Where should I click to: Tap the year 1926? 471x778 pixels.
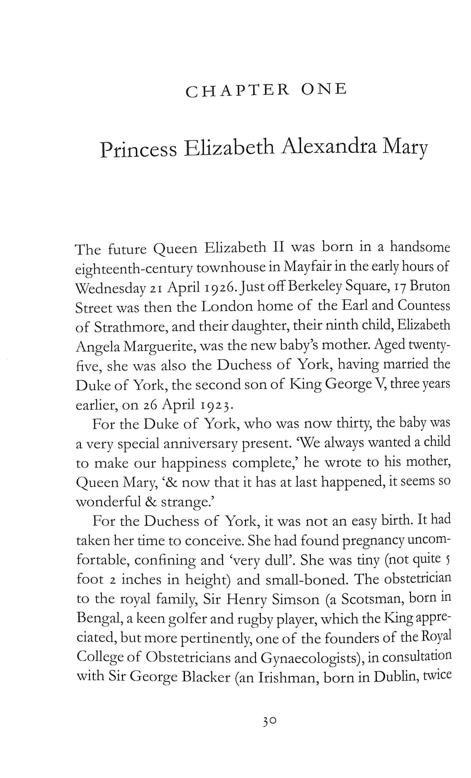tap(240, 287)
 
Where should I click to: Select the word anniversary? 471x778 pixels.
tap(205, 444)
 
